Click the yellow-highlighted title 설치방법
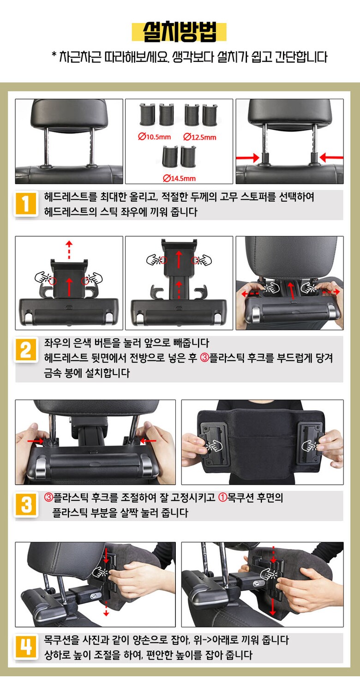pyautogui.click(x=179, y=32)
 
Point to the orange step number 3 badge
pyautogui.click(x=26, y=505)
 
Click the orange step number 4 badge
pyautogui.click(x=26, y=647)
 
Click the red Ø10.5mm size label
pyautogui.click(x=155, y=137)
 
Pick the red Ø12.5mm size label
pyautogui.click(x=200, y=137)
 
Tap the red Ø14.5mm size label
pyautogui.click(x=179, y=178)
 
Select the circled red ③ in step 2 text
pyautogui.click(x=204, y=358)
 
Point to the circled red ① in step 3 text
pyautogui.click(x=222, y=497)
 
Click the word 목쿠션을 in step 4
pyautogui.click(x=61, y=640)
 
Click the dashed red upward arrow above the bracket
pyautogui.click(x=69, y=249)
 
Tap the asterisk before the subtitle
pyautogui.click(x=54, y=55)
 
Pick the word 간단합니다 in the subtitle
pyautogui.click(x=301, y=57)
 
